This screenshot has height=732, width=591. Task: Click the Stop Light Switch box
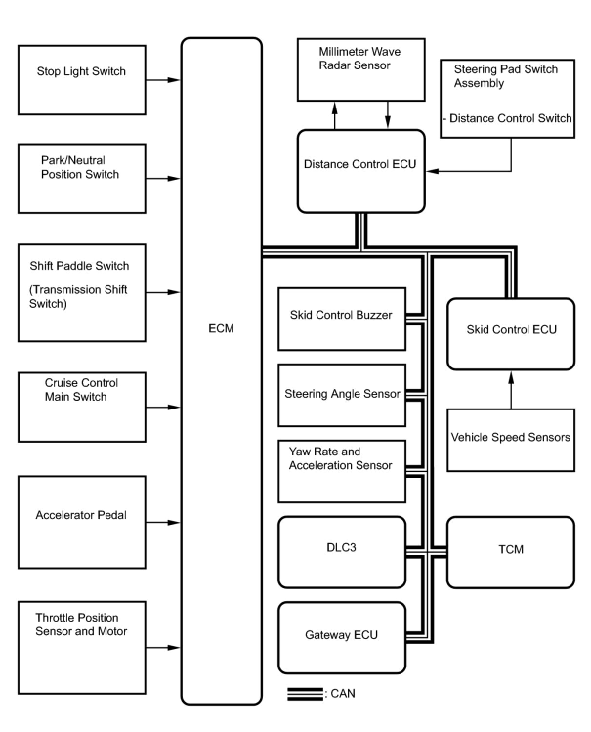click(x=82, y=80)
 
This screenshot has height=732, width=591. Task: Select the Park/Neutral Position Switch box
click(x=82, y=178)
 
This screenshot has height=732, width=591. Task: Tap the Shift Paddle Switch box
click(x=82, y=293)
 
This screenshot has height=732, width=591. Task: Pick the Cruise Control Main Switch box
click(x=82, y=407)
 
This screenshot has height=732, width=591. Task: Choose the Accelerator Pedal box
click(x=82, y=522)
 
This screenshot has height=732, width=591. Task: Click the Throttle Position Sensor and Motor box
click(x=82, y=647)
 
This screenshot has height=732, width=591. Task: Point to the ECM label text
click(x=221, y=329)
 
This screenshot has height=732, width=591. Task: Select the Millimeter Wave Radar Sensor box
click(x=361, y=69)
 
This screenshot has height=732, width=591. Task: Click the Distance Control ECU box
click(x=361, y=171)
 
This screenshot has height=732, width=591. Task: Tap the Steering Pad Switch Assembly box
click(x=507, y=99)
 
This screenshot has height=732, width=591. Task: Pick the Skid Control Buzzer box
click(x=342, y=319)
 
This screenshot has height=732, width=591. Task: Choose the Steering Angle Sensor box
click(x=342, y=395)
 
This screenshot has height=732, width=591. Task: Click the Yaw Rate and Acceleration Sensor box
click(x=342, y=471)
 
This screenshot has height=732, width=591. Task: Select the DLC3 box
click(x=342, y=552)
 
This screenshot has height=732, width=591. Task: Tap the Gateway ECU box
click(x=342, y=638)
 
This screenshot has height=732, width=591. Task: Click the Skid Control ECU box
click(x=511, y=334)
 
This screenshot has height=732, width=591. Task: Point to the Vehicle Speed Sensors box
click(x=511, y=440)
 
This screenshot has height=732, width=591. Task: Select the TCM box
click(x=511, y=552)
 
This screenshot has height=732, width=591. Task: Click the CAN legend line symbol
click(x=305, y=694)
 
